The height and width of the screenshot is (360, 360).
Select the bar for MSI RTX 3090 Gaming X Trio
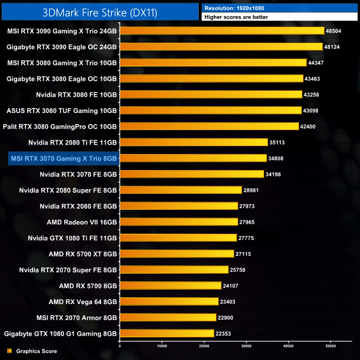point(222,31)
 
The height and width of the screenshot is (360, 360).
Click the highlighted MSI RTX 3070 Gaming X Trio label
point(64,158)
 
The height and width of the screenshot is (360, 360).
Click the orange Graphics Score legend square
point(9,351)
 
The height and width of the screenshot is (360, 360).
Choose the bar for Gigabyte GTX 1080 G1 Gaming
point(167,333)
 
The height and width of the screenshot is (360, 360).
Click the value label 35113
point(277,142)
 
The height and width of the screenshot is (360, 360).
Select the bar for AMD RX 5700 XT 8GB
point(177,254)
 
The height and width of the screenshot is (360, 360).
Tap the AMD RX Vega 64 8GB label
point(83,301)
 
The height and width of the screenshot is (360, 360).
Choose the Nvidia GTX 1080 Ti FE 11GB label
point(73,238)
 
